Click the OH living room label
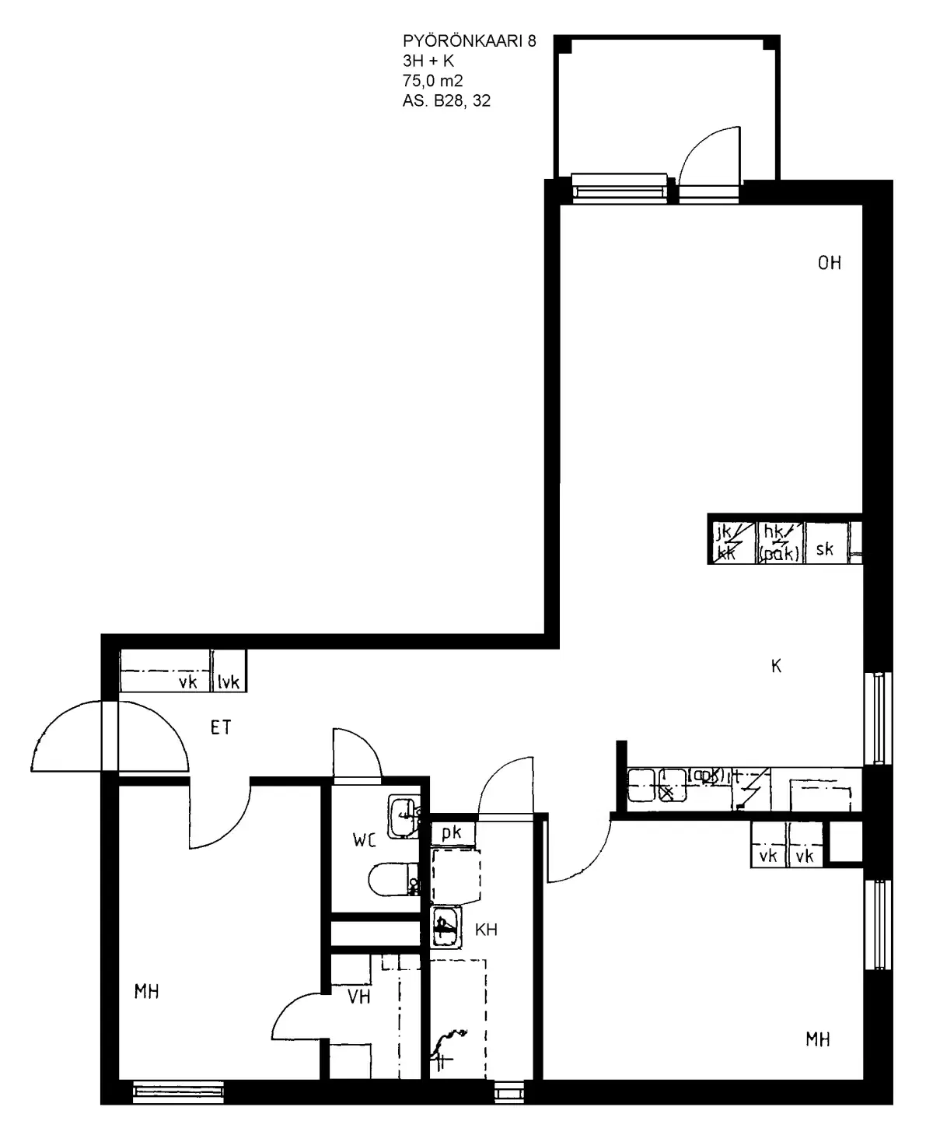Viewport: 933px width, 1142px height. click(x=829, y=263)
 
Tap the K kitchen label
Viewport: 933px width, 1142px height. click(x=775, y=666)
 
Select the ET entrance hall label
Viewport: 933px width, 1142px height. click(x=221, y=727)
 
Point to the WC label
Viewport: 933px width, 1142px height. click(x=364, y=840)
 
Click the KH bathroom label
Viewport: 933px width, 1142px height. click(x=486, y=929)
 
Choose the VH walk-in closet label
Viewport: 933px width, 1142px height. click(x=358, y=997)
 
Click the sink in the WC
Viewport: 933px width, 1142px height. click(x=404, y=815)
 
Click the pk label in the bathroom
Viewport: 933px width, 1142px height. click(x=452, y=832)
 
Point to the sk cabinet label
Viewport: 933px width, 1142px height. click(x=825, y=548)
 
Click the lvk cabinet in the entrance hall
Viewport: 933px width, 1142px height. click(x=229, y=681)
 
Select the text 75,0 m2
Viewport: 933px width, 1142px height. click(x=433, y=79)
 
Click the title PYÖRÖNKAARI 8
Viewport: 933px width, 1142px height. click(x=469, y=41)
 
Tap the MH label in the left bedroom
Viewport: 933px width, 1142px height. click(x=147, y=992)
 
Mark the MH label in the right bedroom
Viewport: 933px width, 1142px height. click(x=817, y=1039)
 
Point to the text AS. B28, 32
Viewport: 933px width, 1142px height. click(x=446, y=100)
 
